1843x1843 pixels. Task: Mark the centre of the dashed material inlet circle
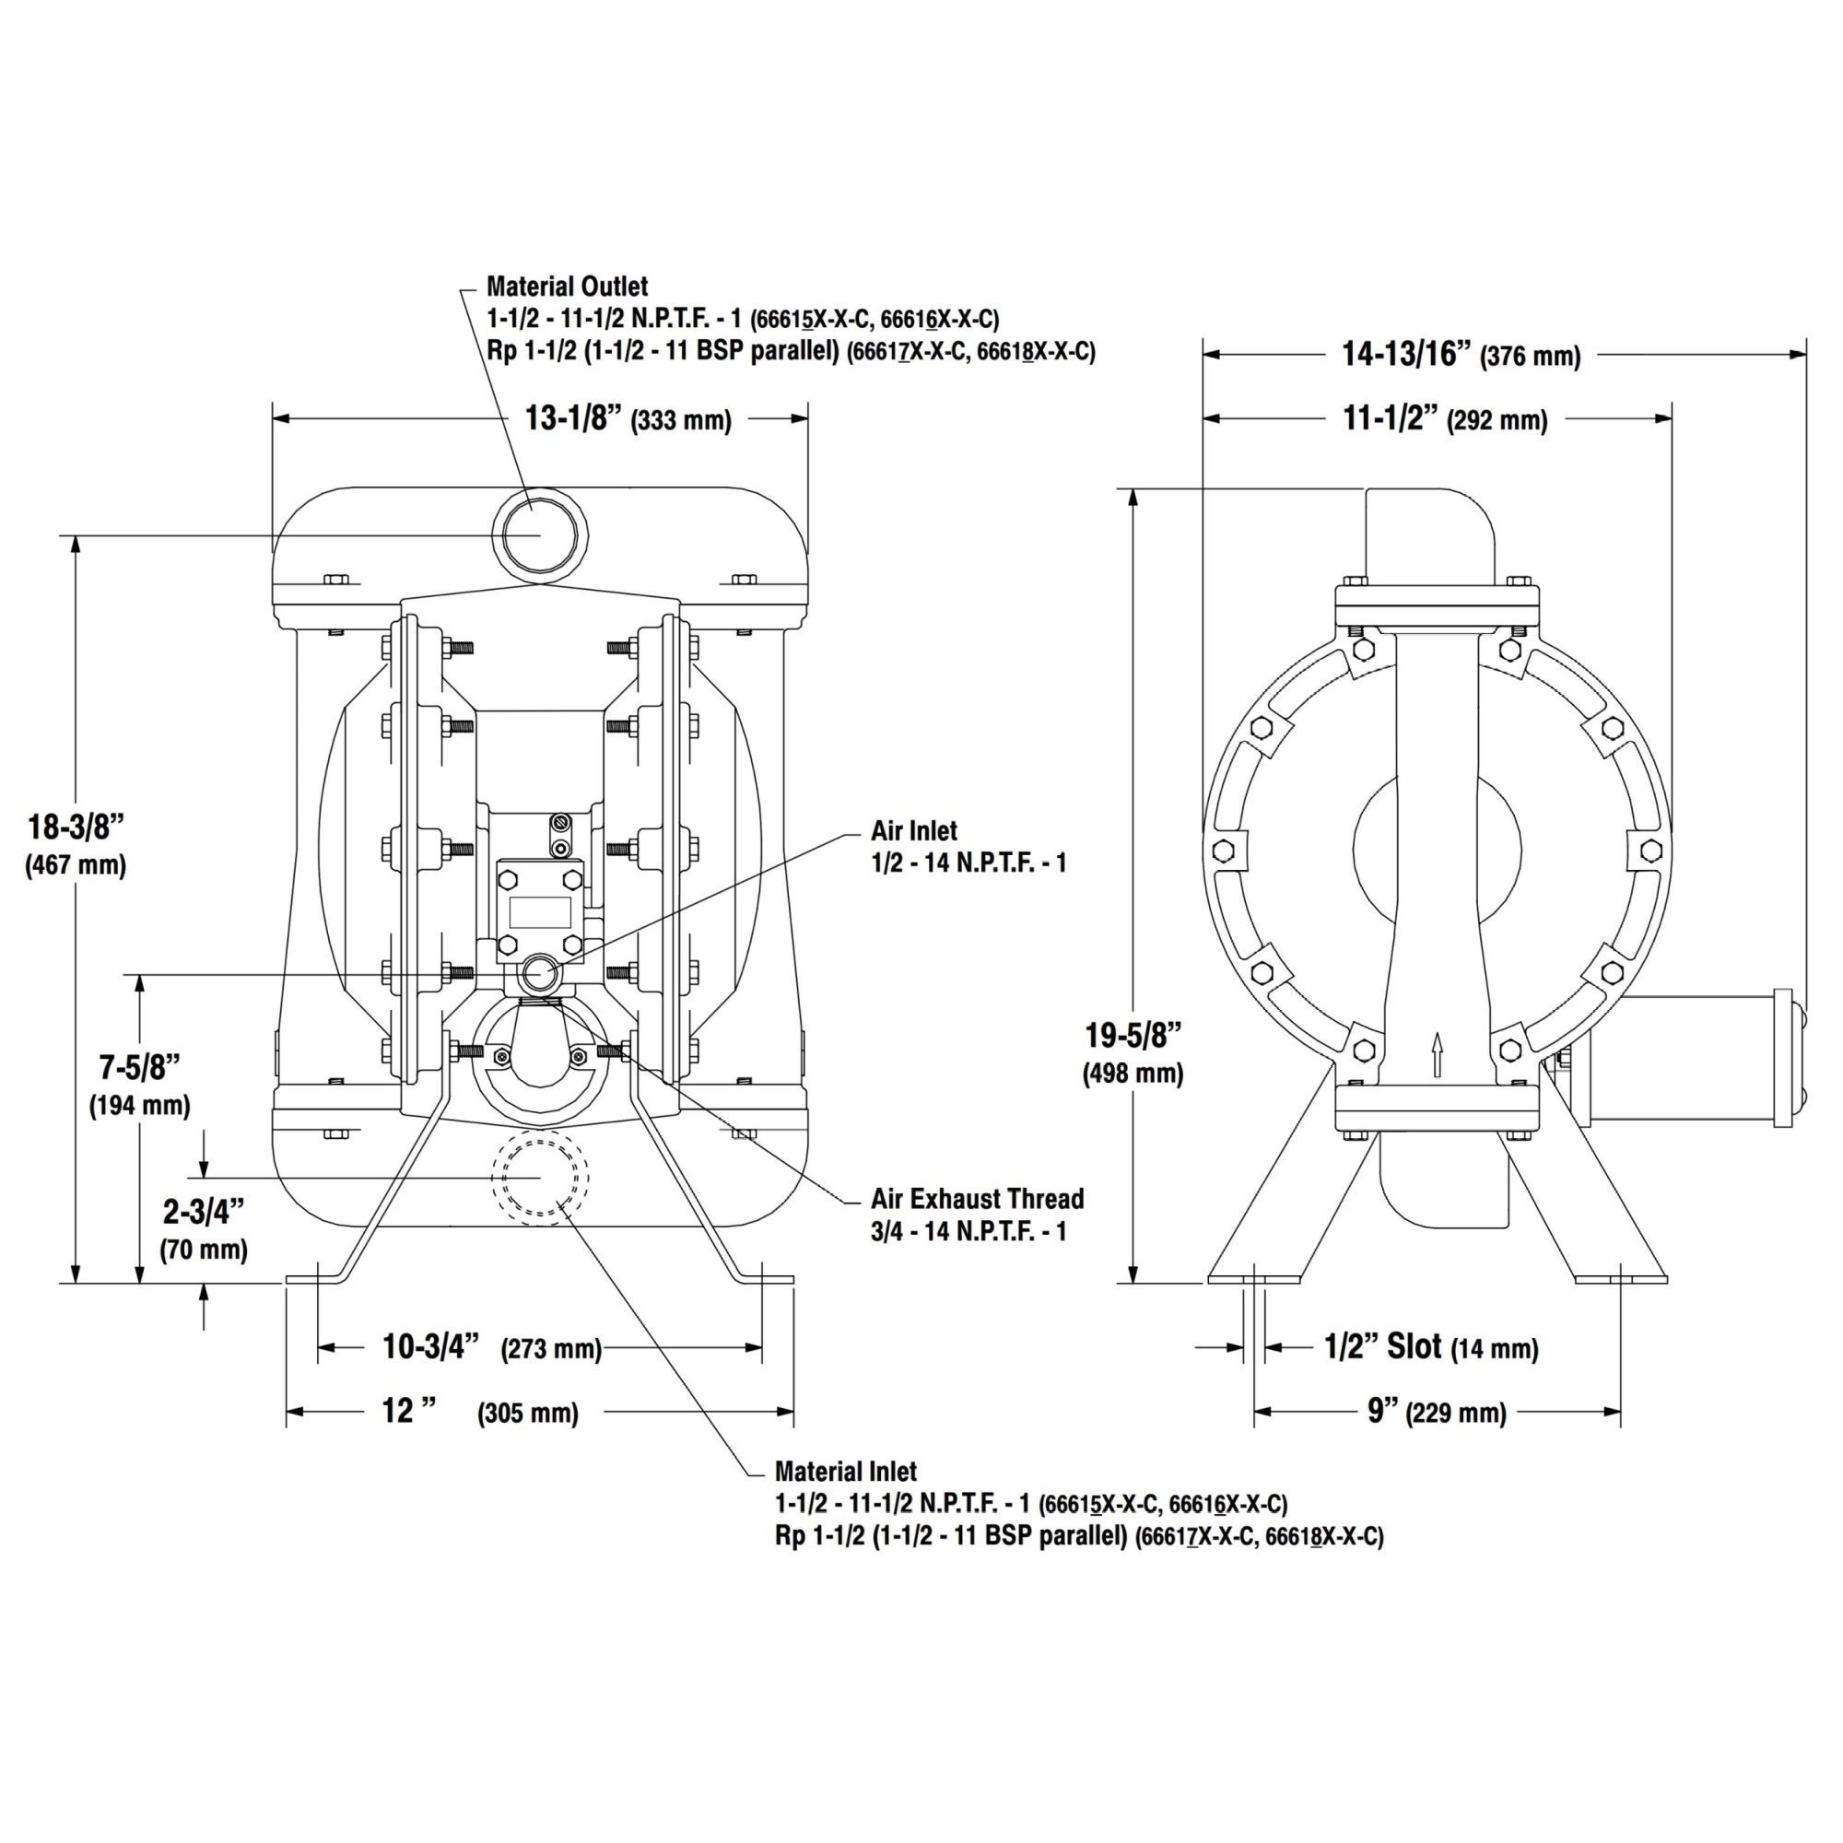(540, 1177)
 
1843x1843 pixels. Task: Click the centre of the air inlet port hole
(540, 974)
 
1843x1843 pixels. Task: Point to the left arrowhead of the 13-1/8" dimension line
(281, 417)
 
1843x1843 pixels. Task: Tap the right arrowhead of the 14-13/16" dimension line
(1797, 354)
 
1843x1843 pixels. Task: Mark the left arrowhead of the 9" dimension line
(1263, 1411)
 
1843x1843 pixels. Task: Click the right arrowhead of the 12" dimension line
(784, 1411)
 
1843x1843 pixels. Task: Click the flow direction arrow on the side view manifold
(1438, 1055)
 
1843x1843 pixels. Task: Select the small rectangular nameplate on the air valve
(540, 912)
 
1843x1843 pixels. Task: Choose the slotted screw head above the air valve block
(560, 822)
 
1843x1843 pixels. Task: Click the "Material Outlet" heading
(567, 287)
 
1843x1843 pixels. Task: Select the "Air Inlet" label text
(914, 830)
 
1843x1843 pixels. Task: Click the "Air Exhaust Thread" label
(977, 1198)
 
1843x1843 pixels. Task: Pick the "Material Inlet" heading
(845, 1470)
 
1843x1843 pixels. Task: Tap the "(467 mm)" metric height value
(76, 866)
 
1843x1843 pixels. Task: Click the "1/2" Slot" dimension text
(1382, 1346)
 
